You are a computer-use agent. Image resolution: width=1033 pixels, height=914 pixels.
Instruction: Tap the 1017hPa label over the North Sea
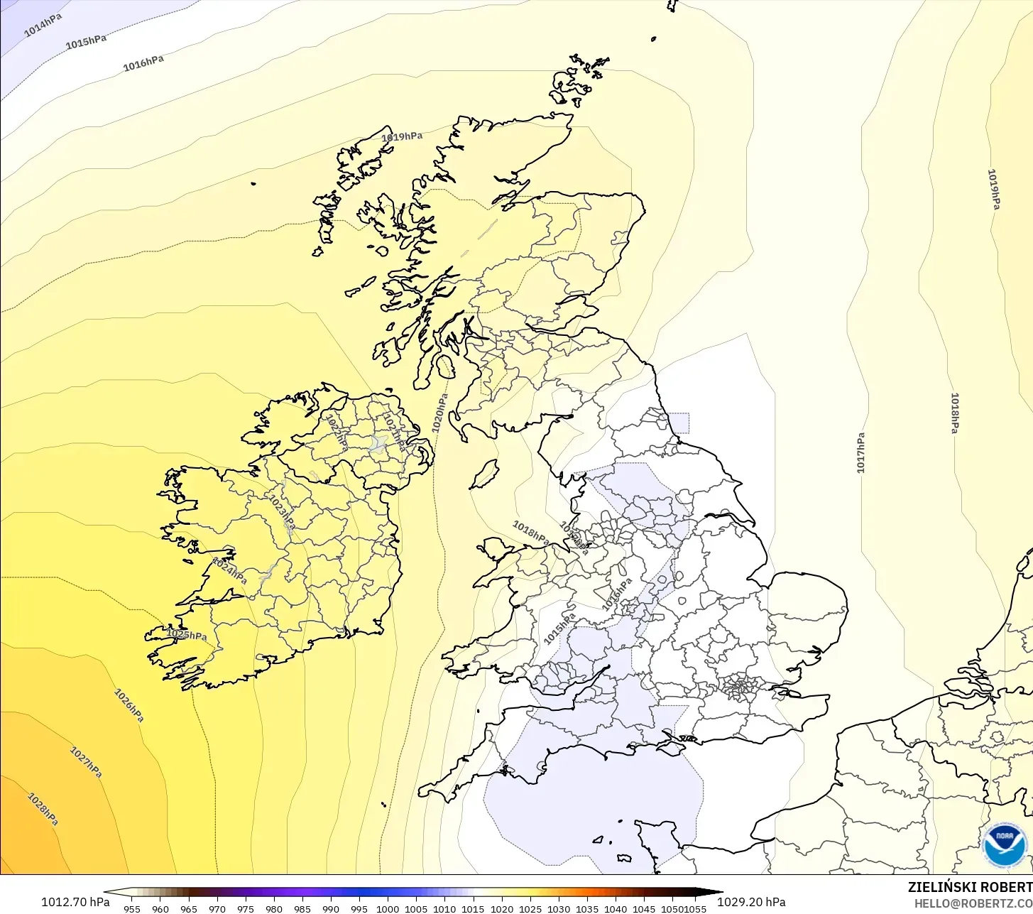860,453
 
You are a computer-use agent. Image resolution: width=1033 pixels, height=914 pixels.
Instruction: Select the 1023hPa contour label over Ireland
280,511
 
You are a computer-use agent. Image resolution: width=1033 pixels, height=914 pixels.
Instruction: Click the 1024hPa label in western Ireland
229,570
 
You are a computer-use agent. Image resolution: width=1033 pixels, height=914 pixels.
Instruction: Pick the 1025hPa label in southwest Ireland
187,634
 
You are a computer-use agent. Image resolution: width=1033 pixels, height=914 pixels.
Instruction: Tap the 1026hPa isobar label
129,705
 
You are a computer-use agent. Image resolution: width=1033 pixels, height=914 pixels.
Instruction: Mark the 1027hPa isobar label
86,762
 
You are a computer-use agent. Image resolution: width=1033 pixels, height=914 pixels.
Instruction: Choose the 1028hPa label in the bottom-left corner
43,809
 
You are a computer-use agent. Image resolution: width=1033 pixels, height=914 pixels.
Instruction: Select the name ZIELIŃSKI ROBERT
970,887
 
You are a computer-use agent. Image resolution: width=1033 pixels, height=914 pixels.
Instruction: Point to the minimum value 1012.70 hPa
75,902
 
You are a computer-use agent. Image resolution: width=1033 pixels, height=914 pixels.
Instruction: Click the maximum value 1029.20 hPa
751,902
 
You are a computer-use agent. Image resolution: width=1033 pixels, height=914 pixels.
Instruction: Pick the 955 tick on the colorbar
132,908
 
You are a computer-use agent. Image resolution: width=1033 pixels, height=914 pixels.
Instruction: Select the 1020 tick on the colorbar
501,908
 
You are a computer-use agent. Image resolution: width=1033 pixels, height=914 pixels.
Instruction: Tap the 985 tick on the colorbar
302,908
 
